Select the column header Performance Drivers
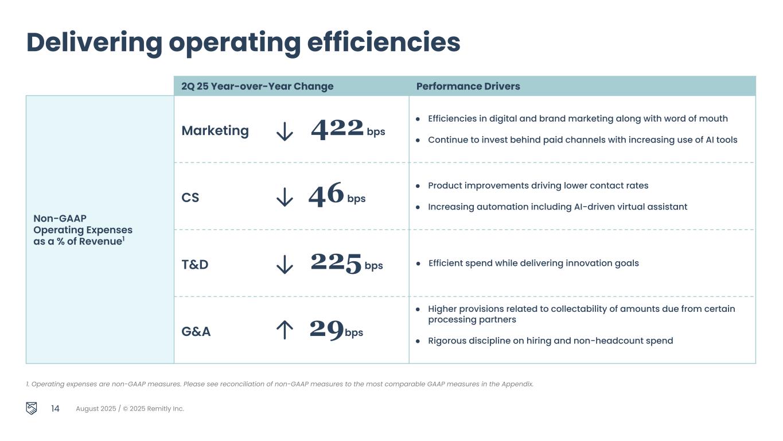click(x=468, y=86)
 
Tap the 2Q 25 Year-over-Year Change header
click(x=257, y=86)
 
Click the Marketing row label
click(x=215, y=131)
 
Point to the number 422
click(x=337, y=129)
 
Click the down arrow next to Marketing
click(x=285, y=131)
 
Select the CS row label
click(x=190, y=198)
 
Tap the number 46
click(x=326, y=195)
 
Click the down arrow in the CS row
click(x=285, y=198)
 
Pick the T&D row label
click(x=194, y=265)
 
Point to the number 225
click(x=336, y=263)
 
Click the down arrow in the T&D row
click(x=285, y=265)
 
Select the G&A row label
click(x=196, y=331)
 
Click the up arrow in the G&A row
click(x=285, y=330)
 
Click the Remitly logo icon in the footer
click(x=32, y=408)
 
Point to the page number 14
click(x=55, y=409)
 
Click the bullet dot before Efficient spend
click(x=418, y=264)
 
